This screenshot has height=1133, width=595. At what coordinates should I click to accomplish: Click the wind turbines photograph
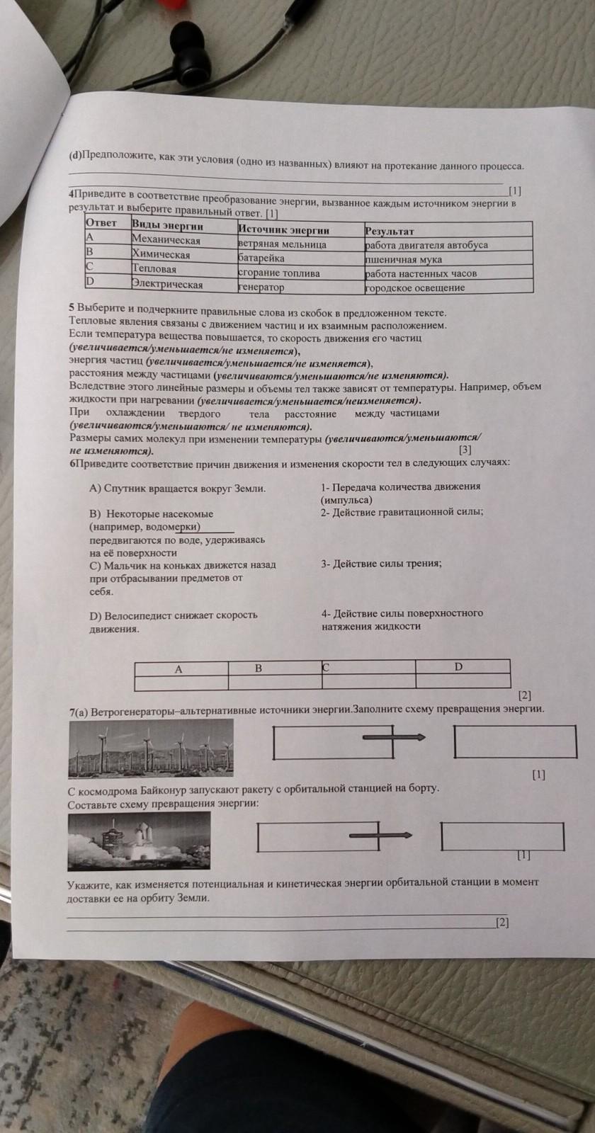click(151, 748)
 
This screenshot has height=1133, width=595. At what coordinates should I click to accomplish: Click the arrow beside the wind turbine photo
click(394, 738)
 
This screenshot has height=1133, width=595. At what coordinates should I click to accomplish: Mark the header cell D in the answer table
click(458, 667)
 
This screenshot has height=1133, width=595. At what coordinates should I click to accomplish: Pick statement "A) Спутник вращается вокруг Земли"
click(178, 489)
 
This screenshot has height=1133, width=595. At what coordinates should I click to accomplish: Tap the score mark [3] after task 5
click(465, 450)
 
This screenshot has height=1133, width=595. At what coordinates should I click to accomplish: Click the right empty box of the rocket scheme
click(502, 836)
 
